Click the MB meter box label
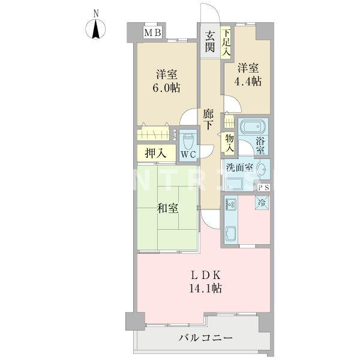[x=151, y=33]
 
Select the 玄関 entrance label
[x=209, y=42]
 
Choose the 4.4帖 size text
[x=248, y=81]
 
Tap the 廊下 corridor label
[x=208, y=119]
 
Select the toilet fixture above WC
[x=188, y=142]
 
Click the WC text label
[x=188, y=155]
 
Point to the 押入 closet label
[x=157, y=154]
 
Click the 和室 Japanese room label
[x=166, y=209]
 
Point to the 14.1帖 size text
[x=207, y=289]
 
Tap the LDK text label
[x=207, y=275]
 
